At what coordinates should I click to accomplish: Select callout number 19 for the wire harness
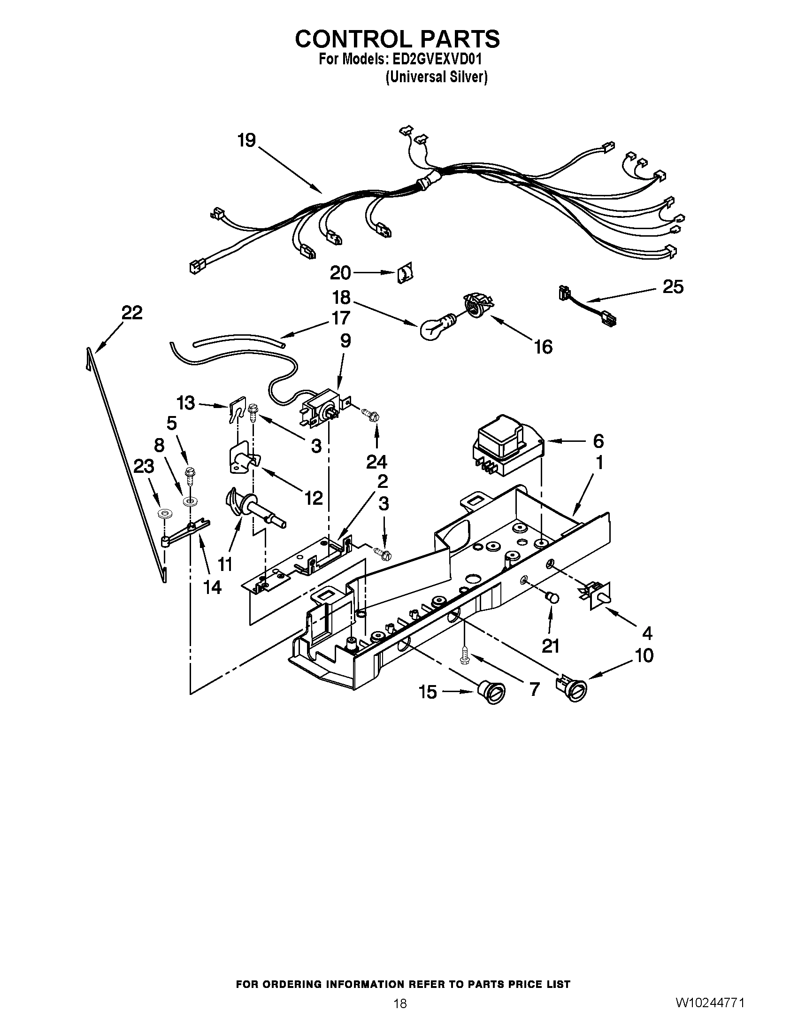click(246, 140)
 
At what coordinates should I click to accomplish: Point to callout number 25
click(673, 286)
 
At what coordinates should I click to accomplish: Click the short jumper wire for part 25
click(587, 308)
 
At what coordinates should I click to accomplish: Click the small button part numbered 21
click(551, 598)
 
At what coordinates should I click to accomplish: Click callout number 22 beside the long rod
click(131, 313)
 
